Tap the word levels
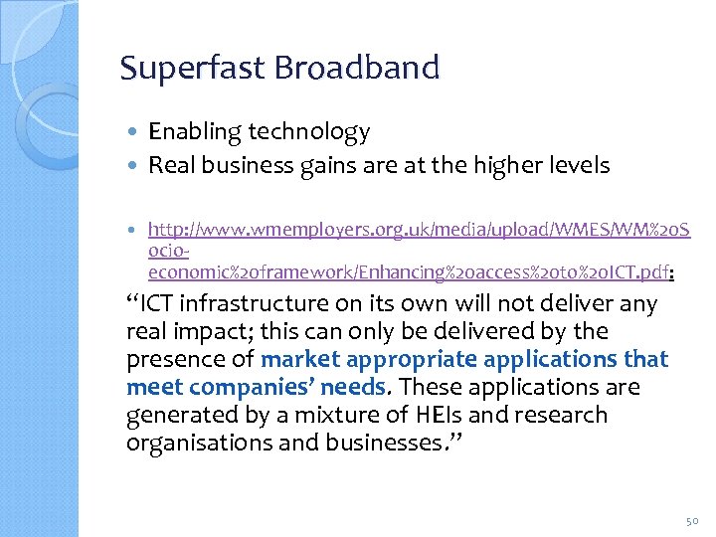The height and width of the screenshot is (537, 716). [x=577, y=165]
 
